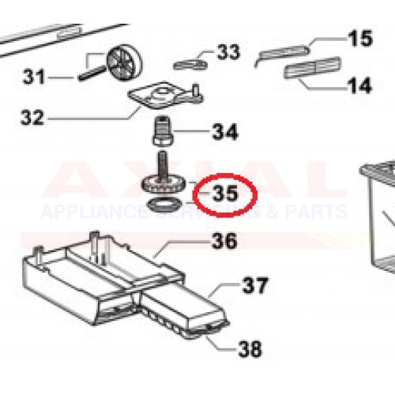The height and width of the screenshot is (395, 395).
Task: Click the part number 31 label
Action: tap(35, 77)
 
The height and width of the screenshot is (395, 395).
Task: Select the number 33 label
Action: tap(228, 53)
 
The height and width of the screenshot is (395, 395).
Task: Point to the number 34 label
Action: tap(224, 132)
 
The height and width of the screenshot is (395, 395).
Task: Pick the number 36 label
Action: tap(224, 240)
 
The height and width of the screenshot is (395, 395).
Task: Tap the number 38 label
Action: tap(250, 348)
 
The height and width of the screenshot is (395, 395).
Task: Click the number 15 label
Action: tap(359, 38)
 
